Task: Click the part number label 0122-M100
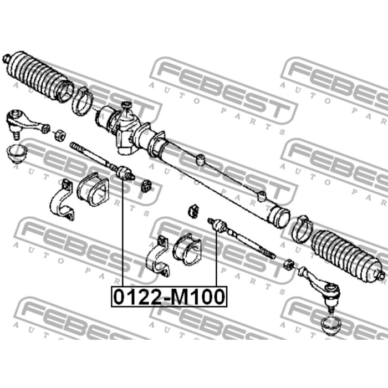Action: pyautogui.click(x=170, y=296)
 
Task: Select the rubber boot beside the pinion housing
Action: pyautogui.click(x=37, y=77)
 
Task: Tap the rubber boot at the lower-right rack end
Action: pyautogui.click(x=346, y=256)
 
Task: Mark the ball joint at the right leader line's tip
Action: pyautogui.click(x=218, y=225)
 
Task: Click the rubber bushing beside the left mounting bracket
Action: pyautogui.click(x=93, y=189)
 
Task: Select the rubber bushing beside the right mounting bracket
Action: pyautogui.click(x=187, y=248)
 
